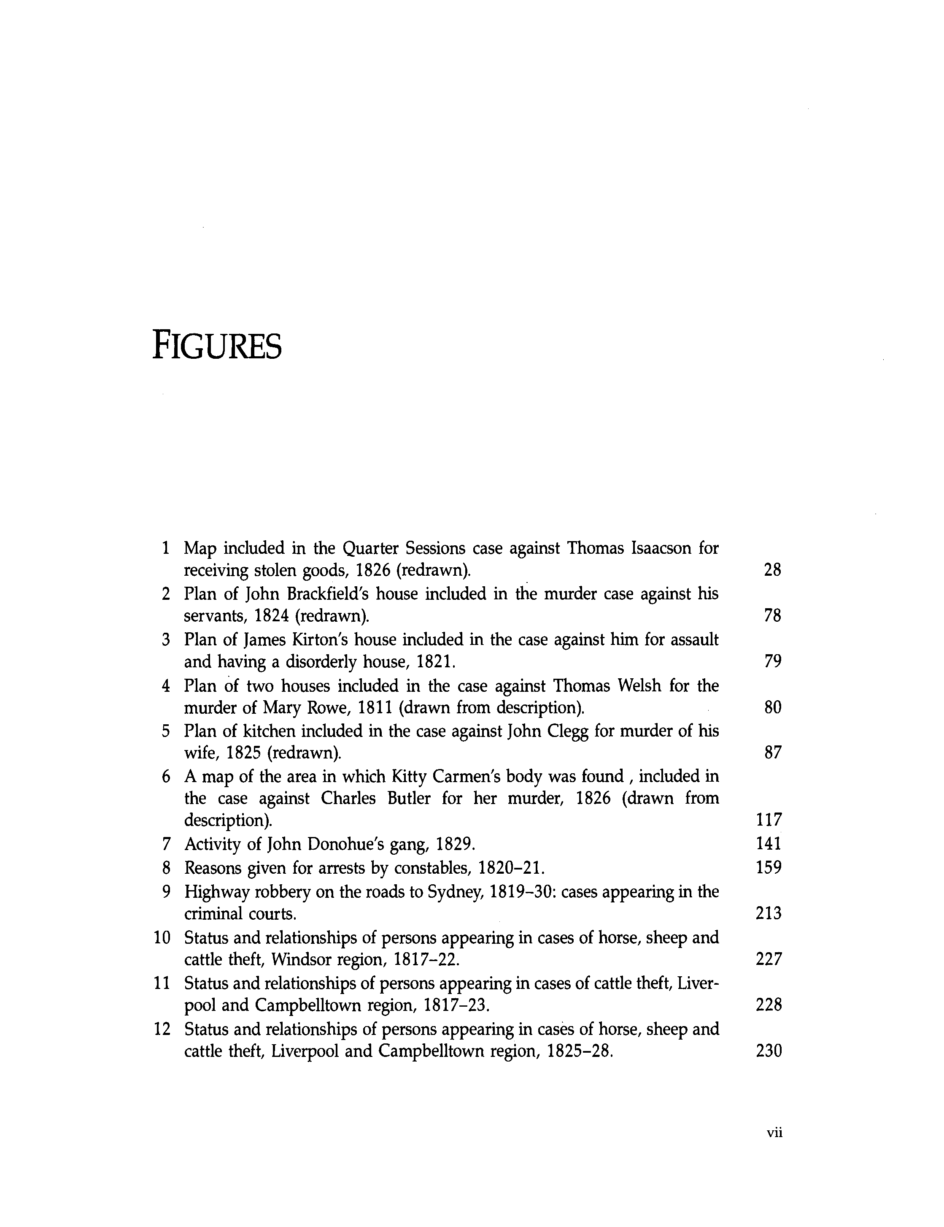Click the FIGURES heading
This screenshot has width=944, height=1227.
217,347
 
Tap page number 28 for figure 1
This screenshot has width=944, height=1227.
773,570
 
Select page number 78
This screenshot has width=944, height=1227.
773,616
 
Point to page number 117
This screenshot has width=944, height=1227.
769,820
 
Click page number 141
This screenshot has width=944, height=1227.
769,844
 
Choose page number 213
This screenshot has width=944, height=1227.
769,913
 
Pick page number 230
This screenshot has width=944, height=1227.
769,1051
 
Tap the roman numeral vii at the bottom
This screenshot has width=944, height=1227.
774,1132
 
